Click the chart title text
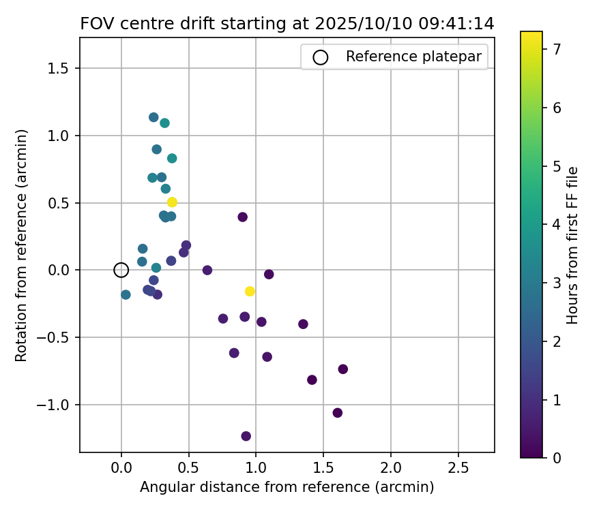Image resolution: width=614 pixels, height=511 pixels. (x=287, y=24)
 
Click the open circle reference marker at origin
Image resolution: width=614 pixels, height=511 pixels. (x=121, y=270)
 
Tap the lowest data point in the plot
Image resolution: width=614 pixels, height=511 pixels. (x=246, y=436)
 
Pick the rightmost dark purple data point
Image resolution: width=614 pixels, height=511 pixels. (x=342, y=369)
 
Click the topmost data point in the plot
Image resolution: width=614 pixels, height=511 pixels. (x=153, y=117)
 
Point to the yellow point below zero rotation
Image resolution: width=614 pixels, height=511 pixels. (x=250, y=292)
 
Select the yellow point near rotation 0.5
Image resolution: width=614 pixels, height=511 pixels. (x=172, y=202)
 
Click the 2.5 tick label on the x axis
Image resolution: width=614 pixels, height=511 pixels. (x=458, y=470)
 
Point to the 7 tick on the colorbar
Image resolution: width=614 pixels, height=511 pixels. (x=557, y=50)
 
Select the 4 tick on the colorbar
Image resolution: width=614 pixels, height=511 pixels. (x=557, y=224)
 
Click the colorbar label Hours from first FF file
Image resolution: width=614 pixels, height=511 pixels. (x=573, y=245)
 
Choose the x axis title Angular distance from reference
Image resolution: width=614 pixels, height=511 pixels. (x=287, y=488)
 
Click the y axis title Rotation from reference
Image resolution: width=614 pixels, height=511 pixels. (x=22, y=245)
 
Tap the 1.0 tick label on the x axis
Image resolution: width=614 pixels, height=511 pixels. (x=256, y=470)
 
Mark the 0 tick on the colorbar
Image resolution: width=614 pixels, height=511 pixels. (x=557, y=457)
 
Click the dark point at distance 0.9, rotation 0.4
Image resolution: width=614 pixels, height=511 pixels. (x=242, y=217)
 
